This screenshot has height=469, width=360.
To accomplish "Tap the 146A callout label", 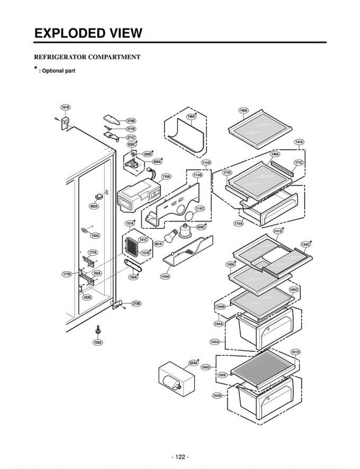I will point(191,116).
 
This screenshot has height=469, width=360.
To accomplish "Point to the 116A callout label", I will point(166,177).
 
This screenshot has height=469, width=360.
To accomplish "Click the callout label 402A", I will point(94,206).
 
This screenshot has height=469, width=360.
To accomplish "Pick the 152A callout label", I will point(95,235).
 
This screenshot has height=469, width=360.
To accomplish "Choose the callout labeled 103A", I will point(97,342).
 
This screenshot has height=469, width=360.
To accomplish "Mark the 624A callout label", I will point(194,363).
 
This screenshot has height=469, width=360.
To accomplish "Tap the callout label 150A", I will point(165,276).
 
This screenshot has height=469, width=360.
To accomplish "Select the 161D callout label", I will point(296,352).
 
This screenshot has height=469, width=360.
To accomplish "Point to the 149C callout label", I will point(305,244).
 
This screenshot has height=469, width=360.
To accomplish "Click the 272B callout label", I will point(136,303).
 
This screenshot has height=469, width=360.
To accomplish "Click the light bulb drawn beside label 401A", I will point(171,236).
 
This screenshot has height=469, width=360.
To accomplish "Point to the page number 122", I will point(180,457).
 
